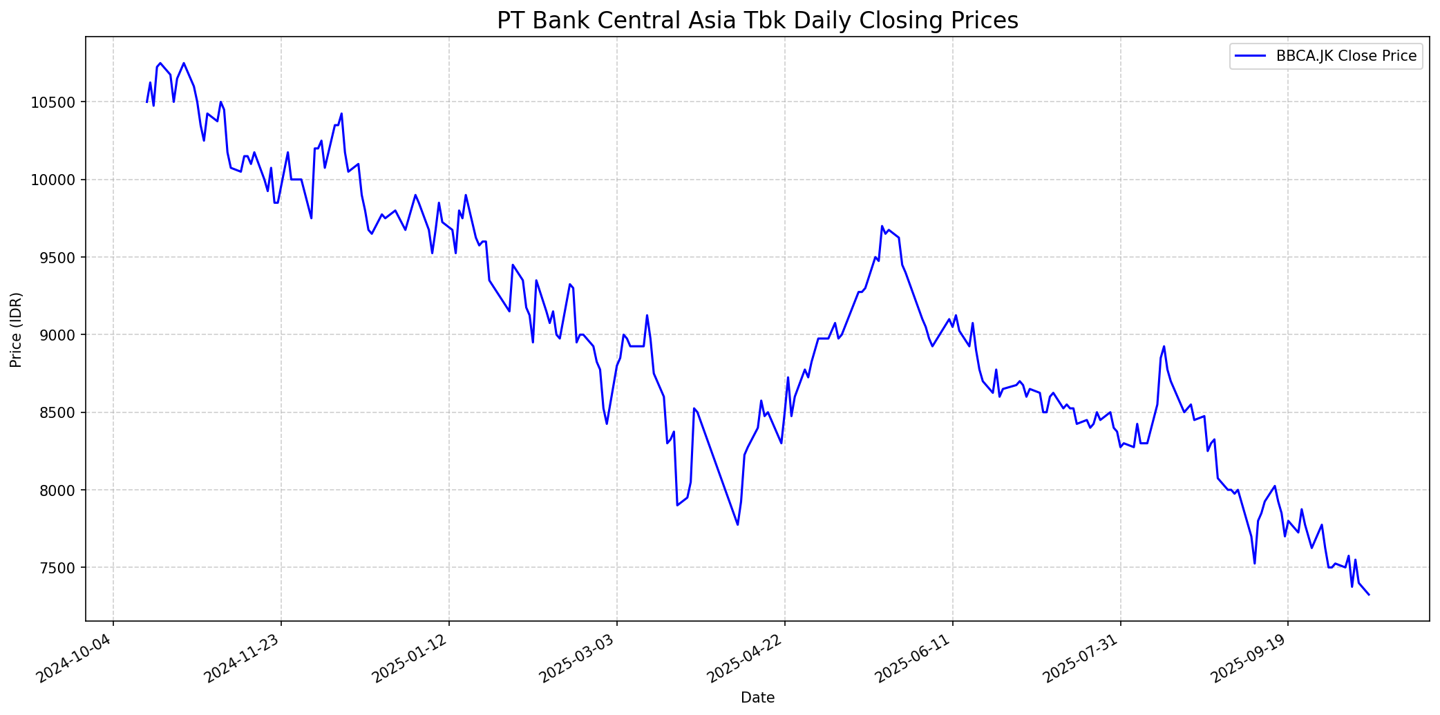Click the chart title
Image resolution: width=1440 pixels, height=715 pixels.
[757, 21]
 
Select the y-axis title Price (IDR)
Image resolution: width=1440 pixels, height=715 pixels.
[17, 330]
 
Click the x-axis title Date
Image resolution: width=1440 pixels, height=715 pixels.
[757, 698]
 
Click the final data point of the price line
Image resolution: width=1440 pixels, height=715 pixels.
[1369, 594]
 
